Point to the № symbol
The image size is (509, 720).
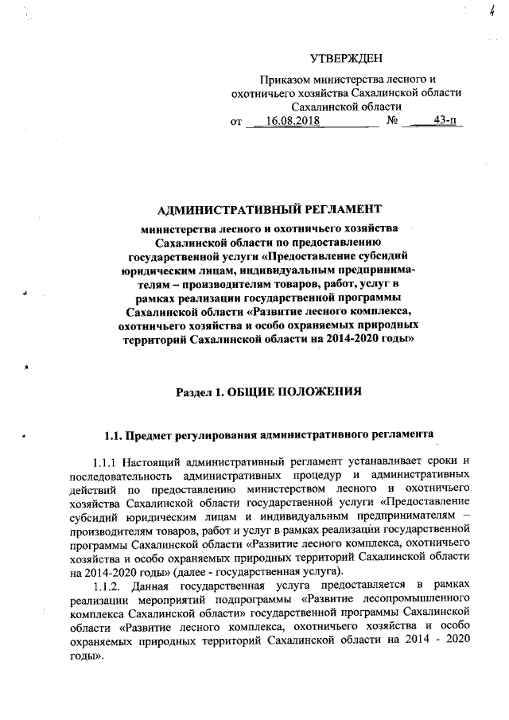click(x=391, y=120)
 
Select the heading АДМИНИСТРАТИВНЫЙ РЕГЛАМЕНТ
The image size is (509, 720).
click(x=270, y=210)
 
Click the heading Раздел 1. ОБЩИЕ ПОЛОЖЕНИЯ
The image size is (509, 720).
click(x=269, y=391)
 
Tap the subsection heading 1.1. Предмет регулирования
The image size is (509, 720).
click(x=270, y=435)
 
